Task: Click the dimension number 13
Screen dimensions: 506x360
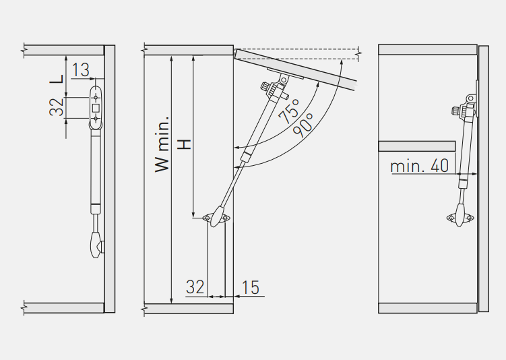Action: [x=80, y=69]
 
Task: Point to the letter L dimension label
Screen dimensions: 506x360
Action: [x=57, y=78]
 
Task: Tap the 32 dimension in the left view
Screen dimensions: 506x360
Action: [x=57, y=107]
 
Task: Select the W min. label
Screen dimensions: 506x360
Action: [x=162, y=144]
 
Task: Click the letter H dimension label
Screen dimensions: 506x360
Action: [x=185, y=144]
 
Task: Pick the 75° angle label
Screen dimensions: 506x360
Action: [x=288, y=111]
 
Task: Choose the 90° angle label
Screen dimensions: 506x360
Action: [x=303, y=125]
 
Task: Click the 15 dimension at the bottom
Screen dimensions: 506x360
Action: [x=251, y=287]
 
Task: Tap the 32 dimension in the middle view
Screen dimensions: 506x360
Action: [x=195, y=287]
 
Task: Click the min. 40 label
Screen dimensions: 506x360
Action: [x=420, y=166]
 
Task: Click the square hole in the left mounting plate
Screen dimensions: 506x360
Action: [x=96, y=108]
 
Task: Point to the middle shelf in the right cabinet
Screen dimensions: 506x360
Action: [x=417, y=146]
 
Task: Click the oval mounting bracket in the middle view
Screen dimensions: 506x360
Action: [x=216, y=218]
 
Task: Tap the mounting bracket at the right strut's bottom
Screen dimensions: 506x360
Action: [x=460, y=218]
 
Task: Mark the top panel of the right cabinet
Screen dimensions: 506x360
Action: [x=428, y=50]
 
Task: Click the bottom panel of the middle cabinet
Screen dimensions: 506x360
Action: [x=189, y=308]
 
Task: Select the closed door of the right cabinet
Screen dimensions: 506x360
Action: [x=483, y=179]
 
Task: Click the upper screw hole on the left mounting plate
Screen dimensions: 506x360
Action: [x=96, y=97]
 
